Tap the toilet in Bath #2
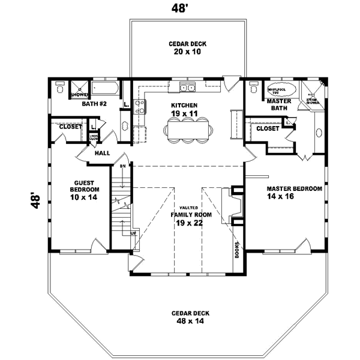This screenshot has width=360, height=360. click(x=60, y=89)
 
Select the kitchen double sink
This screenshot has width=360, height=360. click(x=190, y=89)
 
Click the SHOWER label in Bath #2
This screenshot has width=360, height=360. click(x=80, y=95)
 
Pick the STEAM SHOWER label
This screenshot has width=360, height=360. click(x=313, y=101)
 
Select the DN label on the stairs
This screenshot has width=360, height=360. click(x=122, y=165)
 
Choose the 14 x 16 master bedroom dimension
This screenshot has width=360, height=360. click(x=295, y=196)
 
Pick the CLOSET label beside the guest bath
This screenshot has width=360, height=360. click(x=71, y=127)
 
